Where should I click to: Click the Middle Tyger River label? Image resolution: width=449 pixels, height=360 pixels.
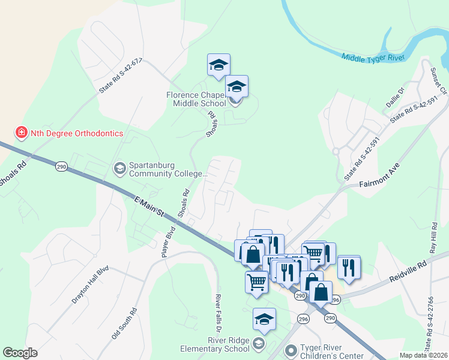coord(373,58)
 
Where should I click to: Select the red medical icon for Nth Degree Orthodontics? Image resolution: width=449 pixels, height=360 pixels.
coord(21,132)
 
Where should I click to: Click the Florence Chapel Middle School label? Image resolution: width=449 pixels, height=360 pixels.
coord(196,99)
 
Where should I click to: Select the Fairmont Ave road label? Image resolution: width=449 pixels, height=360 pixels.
coord(378,176)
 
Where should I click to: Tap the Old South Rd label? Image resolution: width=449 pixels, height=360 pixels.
coord(124,324)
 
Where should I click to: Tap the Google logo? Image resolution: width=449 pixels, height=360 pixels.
coord(20,353)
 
